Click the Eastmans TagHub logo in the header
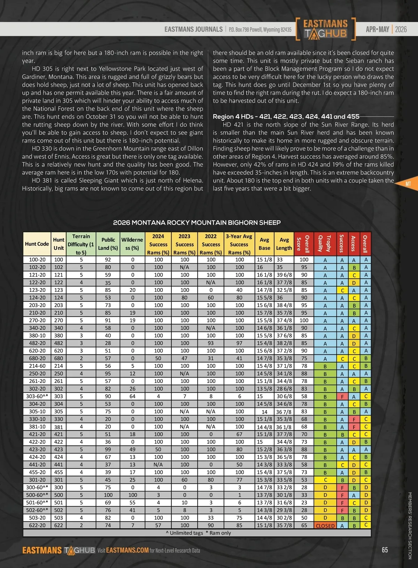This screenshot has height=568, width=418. tap(325, 29)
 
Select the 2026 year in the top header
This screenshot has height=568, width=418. tap(401, 29)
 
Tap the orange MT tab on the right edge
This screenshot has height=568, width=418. tap(408, 184)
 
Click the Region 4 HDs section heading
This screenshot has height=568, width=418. tap(286, 116)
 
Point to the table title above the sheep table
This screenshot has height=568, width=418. tap(197, 223)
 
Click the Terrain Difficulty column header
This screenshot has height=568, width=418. tap(81, 244)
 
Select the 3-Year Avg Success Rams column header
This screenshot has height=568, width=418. tap(239, 244)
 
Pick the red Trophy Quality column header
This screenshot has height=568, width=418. tap(325, 244)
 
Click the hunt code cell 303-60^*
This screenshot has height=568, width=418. tap(37, 396)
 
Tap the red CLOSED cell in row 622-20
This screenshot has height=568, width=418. tap(325, 526)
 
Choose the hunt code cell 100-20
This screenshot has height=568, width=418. tap(37, 259)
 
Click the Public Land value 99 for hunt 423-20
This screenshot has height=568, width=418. tap(108, 449)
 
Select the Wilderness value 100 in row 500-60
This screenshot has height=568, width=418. tap(132, 495)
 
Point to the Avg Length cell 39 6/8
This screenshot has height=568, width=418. tap(284, 275)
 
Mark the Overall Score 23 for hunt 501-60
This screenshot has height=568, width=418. tap(304, 503)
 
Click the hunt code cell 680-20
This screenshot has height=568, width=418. tap(37, 358)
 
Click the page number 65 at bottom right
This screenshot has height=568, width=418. tap(385, 550)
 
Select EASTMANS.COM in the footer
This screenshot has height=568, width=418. tap(127, 550)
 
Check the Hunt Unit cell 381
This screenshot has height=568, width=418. tap(59, 427)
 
